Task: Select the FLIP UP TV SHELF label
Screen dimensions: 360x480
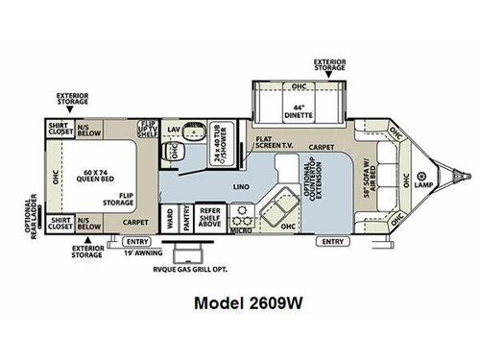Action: [x=148, y=131]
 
